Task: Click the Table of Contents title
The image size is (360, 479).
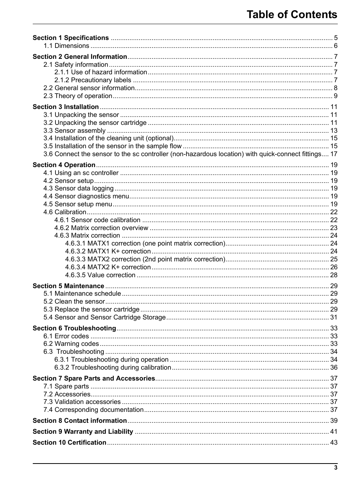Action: pyautogui.click(x=292, y=15)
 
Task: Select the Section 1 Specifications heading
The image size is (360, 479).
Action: pyautogui.click(x=71, y=38)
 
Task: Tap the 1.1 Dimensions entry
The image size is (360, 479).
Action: pyautogui.click(x=66, y=46)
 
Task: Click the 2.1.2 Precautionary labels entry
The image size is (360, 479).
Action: pyautogui.click(x=92, y=80)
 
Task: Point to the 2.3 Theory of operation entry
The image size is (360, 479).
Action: pyautogui.click(x=77, y=96)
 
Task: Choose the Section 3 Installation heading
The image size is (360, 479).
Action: pyautogui.click(x=66, y=107)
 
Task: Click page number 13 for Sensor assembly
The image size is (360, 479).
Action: pyautogui.click(x=334, y=130)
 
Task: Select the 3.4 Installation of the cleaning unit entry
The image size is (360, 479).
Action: pyautogui.click(x=108, y=138)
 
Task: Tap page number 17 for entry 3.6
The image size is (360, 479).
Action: pyautogui.click(x=334, y=154)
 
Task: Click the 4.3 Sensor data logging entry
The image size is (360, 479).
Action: pyautogui.click(x=78, y=188)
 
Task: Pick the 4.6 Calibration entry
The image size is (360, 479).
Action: pyautogui.click(x=65, y=212)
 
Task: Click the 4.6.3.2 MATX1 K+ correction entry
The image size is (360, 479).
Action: pyautogui.click(x=108, y=251)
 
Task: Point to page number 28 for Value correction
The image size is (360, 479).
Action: pyautogui.click(x=334, y=275)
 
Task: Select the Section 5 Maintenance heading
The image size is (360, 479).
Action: pyautogui.click(x=68, y=286)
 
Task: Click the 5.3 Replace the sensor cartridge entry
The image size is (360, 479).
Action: pyautogui.click(x=91, y=309)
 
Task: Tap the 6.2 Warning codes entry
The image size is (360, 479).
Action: pyautogui.click(x=71, y=344)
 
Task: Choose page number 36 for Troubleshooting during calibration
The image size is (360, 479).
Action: pyautogui.click(x=334, y=367)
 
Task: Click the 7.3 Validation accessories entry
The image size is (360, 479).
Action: pyautogui.click(x=82, y=402)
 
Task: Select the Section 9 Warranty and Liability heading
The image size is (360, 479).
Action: pyautogui.click(x=83, y=431)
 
